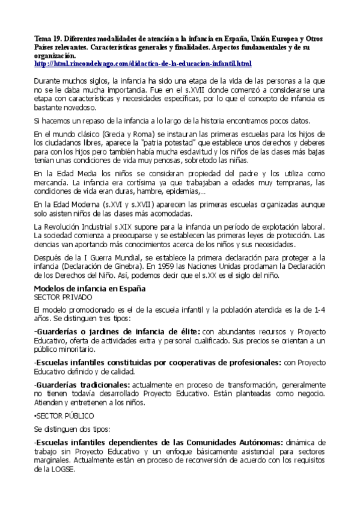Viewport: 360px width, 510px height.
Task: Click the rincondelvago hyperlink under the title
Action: pos(143,63)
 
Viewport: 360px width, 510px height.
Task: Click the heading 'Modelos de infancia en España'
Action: pos(90,289)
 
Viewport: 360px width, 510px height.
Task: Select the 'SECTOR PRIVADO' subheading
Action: pos(63,297)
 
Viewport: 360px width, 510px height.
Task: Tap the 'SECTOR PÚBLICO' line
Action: pos(64,415)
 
